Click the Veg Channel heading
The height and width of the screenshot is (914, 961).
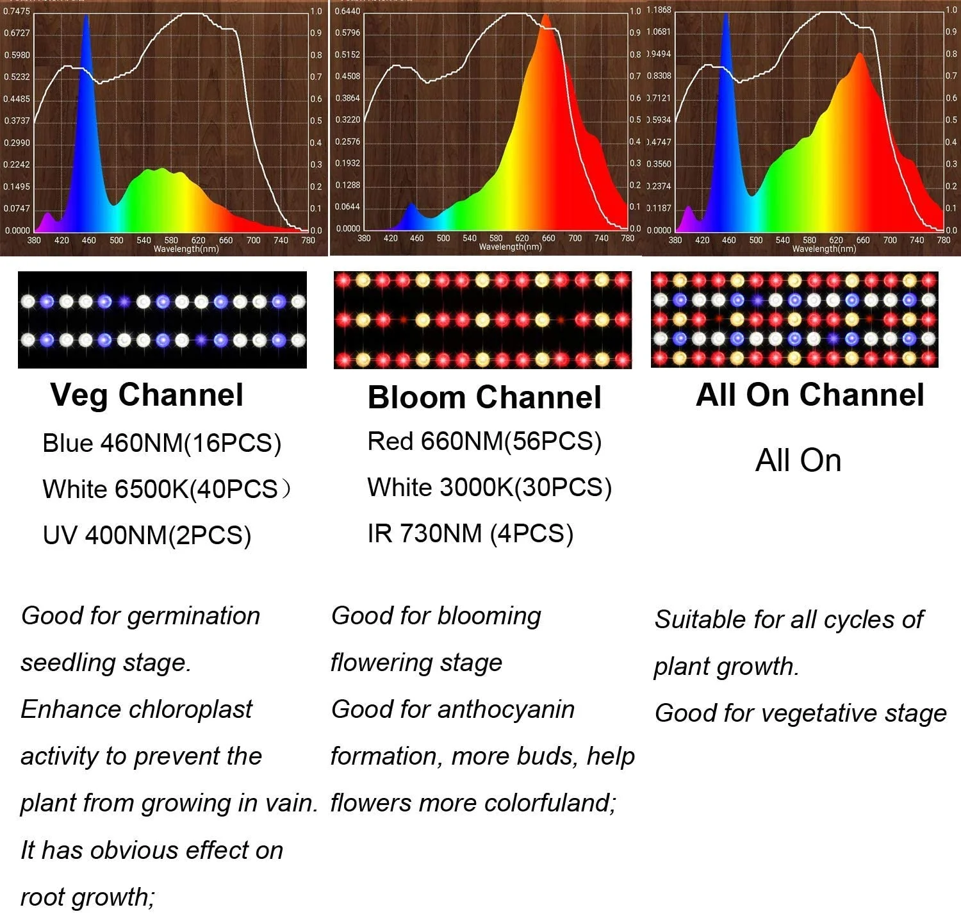tap(147, 394)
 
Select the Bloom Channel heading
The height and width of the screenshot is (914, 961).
tap(484, 397)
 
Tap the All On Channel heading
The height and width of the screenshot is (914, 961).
tap(810, 394)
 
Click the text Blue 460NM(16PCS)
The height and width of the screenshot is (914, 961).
tap(161, 443)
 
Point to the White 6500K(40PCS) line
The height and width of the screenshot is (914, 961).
tap(165, 489)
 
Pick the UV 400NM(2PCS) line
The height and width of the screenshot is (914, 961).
tap(147, 535)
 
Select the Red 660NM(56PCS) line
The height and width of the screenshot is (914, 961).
tap(484, 441)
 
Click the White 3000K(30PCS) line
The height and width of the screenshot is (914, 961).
tap(489, 487)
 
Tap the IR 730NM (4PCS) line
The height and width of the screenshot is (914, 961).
tap(470, 533)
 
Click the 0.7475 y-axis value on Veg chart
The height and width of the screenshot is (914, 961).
tap(17, 11)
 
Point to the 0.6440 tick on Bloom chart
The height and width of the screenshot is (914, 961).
tap(347, 11)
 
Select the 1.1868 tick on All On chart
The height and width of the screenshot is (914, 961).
tap(659, 10)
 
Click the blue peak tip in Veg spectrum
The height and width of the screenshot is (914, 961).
tap(86, 16)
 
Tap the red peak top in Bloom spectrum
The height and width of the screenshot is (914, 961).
tap(546, 15)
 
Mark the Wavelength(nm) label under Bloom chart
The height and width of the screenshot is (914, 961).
tap(510, 247)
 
